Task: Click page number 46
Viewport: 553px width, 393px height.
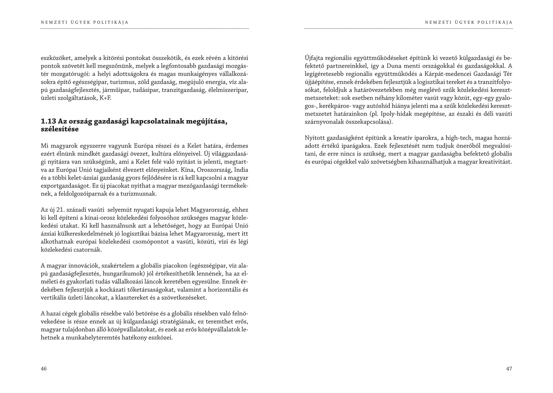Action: point(44,369)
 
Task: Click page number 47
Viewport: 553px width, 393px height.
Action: point(509,369)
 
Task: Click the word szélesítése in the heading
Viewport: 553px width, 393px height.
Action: point(60,129)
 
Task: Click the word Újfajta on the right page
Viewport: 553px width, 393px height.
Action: point(314,58)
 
